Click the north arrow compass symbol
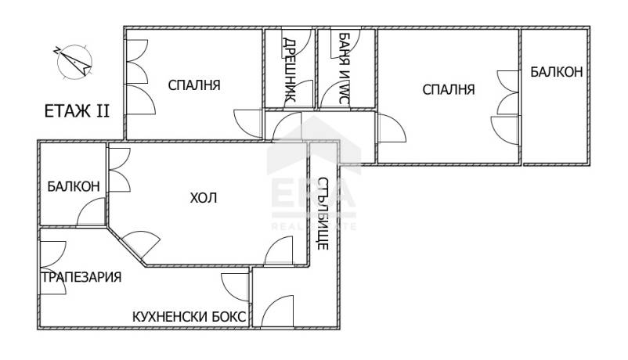click(74, 61)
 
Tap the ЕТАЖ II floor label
click(77, 111)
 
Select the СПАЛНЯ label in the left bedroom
click(194, 85)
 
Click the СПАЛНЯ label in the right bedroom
click(449, 89)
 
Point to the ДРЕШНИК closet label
click(290, 70)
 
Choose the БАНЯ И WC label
click(344, 68)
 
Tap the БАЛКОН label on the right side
click(556, 72)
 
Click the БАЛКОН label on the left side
click(74, 186)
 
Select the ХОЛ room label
click(204, 198)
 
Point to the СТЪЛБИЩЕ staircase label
click(323, 213)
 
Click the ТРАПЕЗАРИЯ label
click(81, 277)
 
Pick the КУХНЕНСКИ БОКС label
click(189, 317)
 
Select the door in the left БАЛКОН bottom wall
click(91, 211)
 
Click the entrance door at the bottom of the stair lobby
click(277, 311)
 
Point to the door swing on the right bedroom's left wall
click(392, 128)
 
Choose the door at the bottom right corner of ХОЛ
click(279, 250)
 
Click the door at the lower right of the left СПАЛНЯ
click(248, 124)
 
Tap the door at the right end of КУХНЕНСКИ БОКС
click(236, 286)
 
